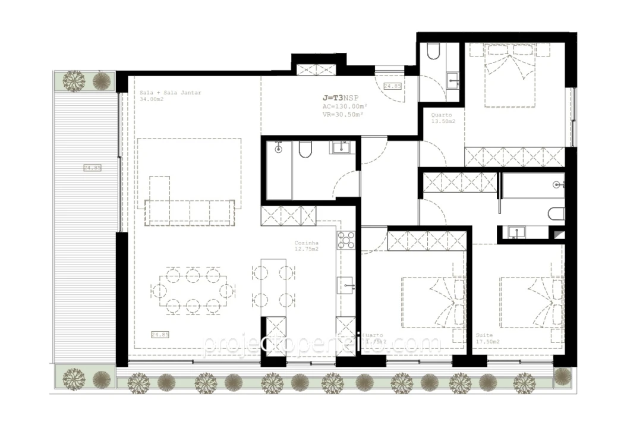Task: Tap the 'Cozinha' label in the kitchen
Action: [x=307, y=243]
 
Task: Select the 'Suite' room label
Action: [x=484, y=335]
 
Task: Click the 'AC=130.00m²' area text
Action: [x=343, y=106]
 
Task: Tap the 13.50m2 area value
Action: [x=443, y=122]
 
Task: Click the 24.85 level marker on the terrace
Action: [x=92, y=168]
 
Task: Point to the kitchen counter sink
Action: [x=346, y=285]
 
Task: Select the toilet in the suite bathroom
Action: [x=554, y=214]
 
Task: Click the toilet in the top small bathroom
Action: [x=433, y=53]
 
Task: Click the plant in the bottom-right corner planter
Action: [x=562, y=376]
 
